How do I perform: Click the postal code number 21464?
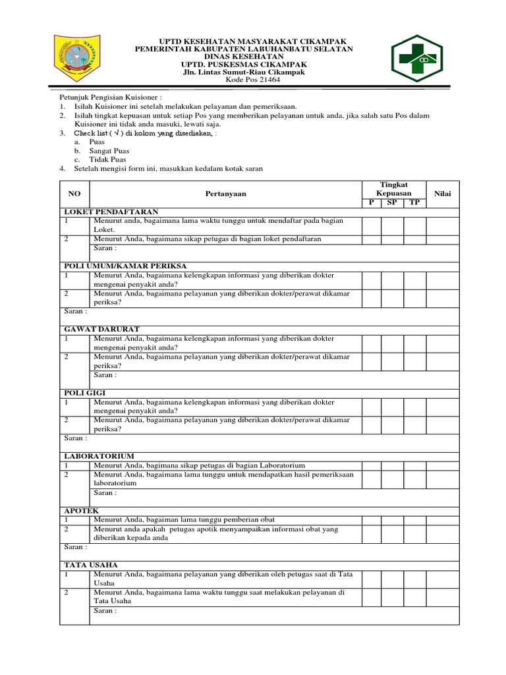tap(253, 80)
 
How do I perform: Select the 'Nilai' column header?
tap(442, 193)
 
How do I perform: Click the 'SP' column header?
tap(393, 202)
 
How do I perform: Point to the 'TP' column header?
tap(414, 202)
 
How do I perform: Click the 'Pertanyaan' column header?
tap(225, 194)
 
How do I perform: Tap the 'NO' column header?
tap(74, 194)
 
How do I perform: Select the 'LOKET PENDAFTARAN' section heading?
tap(101, 212)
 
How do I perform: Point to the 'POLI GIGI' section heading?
tap(84, 392)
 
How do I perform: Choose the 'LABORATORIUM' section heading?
tap(99, 455)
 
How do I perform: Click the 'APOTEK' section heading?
tap(81, 510)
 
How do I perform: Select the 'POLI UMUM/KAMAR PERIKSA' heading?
tap(125, 265)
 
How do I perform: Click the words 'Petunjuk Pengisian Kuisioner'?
tap(104, 96)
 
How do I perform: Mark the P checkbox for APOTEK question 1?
tap(371, 519)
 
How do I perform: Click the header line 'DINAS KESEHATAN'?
tap(244, 57)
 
